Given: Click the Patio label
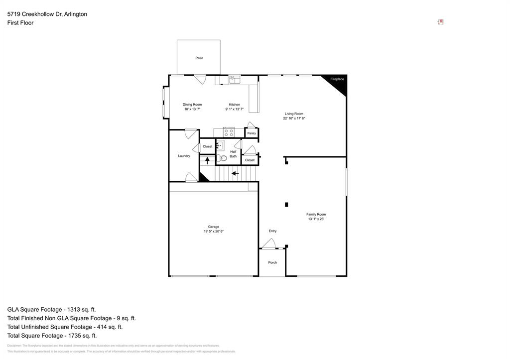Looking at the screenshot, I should (x=199, y=58).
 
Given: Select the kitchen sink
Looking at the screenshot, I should (x=234, y=79).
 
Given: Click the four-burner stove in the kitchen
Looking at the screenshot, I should (x=229, y=132).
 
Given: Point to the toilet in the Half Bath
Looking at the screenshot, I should (x=222, y=158).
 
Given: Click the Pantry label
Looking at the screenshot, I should (x=252, y=133).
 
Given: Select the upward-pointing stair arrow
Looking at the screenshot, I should (x=207, y=160).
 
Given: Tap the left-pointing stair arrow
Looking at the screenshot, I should (x=235, y=173).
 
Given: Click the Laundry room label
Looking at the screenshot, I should (x=184, y=156).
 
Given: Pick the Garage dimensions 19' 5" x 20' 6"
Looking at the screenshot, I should (x=213, y=232).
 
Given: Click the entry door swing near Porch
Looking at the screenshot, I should (x=269, y=243).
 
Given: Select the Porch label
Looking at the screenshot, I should (x=272, y=262).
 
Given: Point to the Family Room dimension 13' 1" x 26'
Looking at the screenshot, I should (x=316, y=219).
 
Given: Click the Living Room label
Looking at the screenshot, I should (x=294, y=114).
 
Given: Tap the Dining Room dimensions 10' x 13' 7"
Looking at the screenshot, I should (x=192, y=109).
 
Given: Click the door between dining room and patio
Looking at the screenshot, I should (x=200, y=79).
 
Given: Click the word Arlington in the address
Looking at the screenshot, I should (x=75, y=14).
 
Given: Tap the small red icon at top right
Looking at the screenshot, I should (x=440, y=22).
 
